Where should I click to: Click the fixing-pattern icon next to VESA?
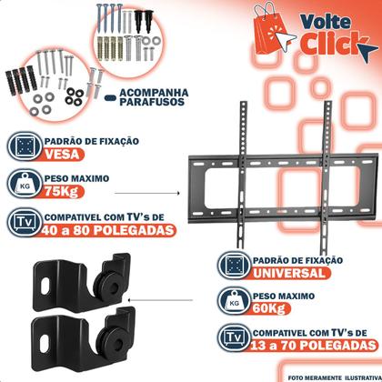[21, 147]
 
